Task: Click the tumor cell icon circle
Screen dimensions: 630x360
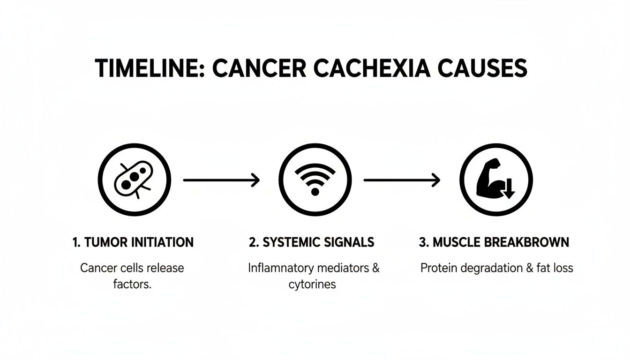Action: click(134, 180)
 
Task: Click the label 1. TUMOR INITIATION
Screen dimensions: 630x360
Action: click(133, 242)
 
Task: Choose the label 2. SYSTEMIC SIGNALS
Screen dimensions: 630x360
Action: click(312, 242)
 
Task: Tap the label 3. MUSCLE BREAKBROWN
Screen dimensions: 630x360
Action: click(494, 242)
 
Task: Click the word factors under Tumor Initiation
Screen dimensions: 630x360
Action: click(132, 284)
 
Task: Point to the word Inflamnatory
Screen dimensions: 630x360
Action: click(281, 268)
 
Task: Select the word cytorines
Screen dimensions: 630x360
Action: click(312, 284)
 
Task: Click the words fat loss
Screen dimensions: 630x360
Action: click(556, 268)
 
